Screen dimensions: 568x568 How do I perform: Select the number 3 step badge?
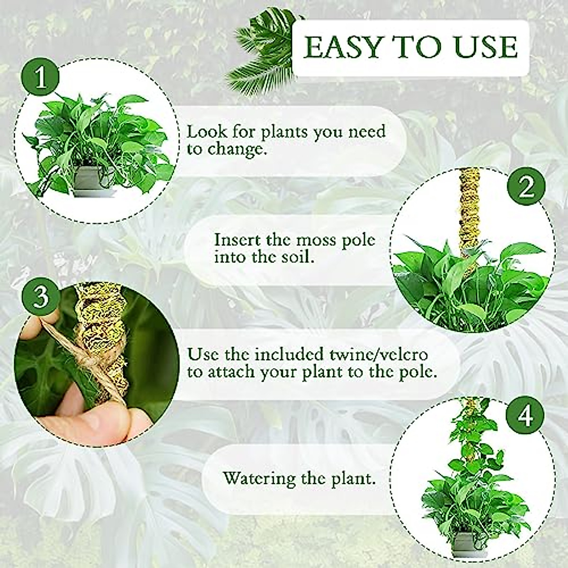coord(42,297)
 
